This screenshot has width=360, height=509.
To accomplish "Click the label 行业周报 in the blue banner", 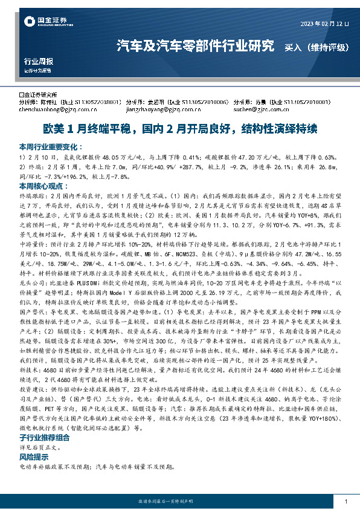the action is [x=38, y=61].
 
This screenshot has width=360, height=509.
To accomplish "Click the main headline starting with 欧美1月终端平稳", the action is [x=179, y=129].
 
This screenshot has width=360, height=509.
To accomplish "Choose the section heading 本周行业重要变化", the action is [x=50, y=146].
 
